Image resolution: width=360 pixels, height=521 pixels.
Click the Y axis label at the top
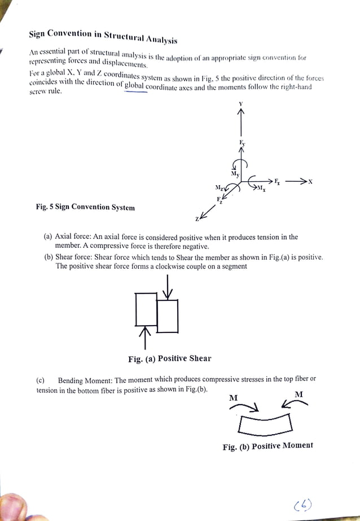click(241, 103)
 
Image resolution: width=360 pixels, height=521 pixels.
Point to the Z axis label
click(197, 219)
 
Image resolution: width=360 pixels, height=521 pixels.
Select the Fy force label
click(242, 143)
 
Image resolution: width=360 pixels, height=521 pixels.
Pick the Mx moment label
click(262, 188)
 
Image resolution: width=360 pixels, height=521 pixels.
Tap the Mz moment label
click(218, 187)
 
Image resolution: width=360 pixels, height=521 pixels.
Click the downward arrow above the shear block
click(168, 287)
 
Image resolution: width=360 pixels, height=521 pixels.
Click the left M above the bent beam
click(233, 397)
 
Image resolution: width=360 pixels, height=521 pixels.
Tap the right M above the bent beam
click(298, 393)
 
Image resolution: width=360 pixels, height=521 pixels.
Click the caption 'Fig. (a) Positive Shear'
click(169, 358)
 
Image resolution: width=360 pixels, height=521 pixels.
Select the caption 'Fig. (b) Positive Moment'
click(267, 446)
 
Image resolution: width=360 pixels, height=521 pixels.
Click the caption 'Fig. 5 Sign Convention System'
click(85, 207)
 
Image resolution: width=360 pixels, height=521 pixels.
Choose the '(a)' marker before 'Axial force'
click(49, 237)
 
